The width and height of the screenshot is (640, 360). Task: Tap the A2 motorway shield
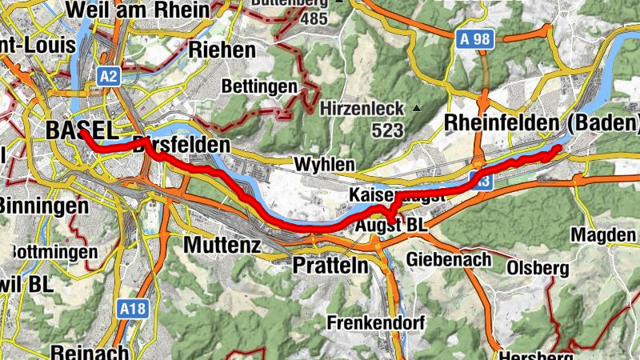[109, 76]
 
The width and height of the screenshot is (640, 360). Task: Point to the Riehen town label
[222, 50]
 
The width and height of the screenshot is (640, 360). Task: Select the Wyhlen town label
[324, 164]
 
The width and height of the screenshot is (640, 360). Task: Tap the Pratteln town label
[330, 264]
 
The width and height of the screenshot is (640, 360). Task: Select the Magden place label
[604, 235]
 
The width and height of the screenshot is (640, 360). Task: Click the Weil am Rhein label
[139, 10]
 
